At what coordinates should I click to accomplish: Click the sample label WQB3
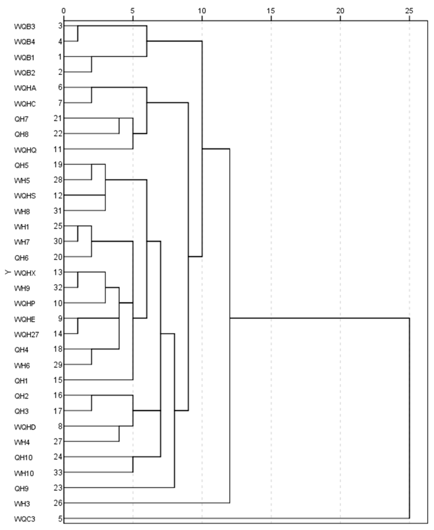point(24,26)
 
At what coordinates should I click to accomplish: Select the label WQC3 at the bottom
point(24,519)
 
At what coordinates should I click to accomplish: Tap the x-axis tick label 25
point(409,11)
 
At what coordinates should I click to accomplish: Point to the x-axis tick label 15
point(271,11)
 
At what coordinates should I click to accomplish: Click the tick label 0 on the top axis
point(64,11)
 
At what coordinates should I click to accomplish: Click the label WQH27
point(27,334)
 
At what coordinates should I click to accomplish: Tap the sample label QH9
point(21,488)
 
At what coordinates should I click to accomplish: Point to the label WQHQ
point(25,150)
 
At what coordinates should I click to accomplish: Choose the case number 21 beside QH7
point(58,118)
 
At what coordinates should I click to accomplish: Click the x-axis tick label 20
point(340,11)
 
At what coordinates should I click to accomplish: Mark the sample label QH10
point(23,457)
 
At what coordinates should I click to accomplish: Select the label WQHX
point(25,273)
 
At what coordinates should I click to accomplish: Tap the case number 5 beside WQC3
point(60,518)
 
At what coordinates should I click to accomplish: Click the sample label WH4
point(22,442)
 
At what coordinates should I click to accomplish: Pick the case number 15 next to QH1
point(58,380)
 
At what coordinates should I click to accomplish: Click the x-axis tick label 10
point(202,11)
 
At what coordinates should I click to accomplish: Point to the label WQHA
point(25,88)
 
